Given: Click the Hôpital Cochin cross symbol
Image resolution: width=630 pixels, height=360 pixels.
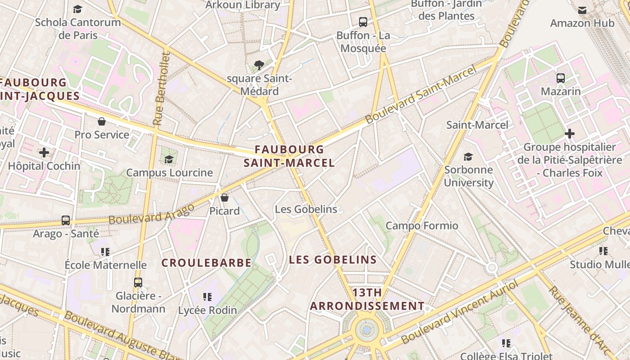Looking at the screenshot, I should (x=44, y=153).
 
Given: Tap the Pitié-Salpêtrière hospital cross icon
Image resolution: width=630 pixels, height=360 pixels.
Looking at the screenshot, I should (x=570, y=134).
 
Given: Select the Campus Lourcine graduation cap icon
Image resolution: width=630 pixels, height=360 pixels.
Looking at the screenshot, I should (x=169, y=159).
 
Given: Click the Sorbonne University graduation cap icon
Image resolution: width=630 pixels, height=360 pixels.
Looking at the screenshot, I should (x=468, y=157).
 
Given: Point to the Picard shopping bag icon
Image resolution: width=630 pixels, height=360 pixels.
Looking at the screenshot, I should (x=225, y=198).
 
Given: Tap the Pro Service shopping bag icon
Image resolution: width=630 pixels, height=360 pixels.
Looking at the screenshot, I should (x=102, y=121).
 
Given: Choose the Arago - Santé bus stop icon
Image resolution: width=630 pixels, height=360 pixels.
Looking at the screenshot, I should (x=66, y=220).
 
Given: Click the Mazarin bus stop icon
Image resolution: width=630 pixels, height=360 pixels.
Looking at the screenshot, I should (x=561, y=78).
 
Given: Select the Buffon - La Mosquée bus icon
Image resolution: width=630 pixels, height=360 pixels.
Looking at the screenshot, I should (x=363, y=22).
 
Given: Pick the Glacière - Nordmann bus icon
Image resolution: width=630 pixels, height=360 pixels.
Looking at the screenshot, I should (x=138, y=283).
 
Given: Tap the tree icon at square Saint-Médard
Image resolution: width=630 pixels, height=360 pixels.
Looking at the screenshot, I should (x=259, y=65).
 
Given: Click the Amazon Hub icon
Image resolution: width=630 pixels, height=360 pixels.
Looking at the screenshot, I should (x=582, y=10).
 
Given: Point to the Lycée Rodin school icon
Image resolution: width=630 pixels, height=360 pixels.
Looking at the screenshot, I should (x=207, y=297).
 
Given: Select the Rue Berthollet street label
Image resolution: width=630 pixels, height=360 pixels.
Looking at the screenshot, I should (x=162, y=89).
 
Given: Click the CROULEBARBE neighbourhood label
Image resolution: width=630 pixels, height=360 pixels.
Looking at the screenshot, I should (x=207, y=263).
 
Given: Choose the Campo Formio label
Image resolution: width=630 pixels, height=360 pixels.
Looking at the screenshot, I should (x=422, y=226).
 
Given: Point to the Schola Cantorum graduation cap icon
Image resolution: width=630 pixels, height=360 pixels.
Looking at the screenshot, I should (x=78, y=9).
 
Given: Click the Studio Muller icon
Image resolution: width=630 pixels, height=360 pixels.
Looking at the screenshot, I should (x=603, y=251).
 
